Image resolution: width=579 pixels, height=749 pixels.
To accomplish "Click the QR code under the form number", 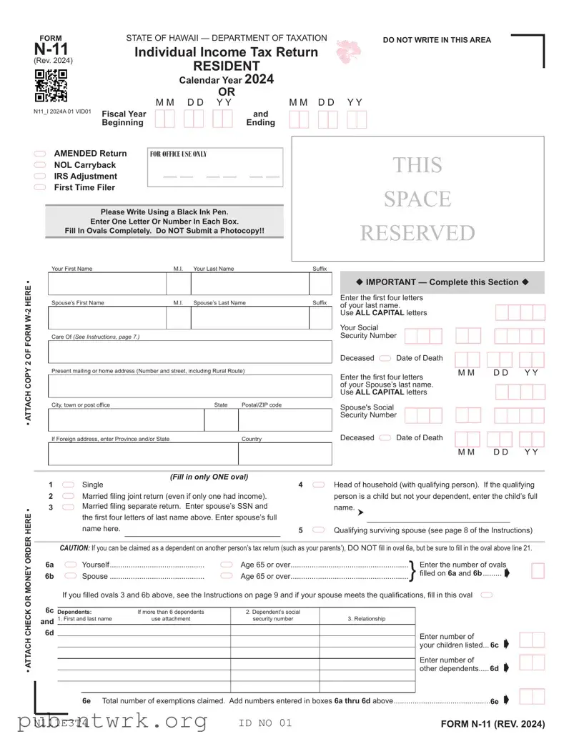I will (51, 86).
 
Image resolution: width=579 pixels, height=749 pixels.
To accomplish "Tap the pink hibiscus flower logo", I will (349, 51).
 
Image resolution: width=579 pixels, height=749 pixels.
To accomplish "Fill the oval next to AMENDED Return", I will (40, 154).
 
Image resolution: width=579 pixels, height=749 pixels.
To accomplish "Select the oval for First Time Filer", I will (40, 188).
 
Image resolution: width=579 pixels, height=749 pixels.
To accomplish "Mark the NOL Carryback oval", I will (40, 165).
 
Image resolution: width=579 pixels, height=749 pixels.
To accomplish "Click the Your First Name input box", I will (107, 284).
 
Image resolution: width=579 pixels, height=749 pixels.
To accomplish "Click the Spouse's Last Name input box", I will (249, 318).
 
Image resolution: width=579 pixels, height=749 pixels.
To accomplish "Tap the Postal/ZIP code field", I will (285, 420).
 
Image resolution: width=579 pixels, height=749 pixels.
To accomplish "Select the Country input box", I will (285, 454).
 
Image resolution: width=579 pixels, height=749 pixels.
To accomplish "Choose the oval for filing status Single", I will (69, 485).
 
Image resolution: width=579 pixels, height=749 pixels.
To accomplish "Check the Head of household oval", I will (319, 485).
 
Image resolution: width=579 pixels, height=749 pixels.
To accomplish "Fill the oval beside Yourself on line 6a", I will (71, 565).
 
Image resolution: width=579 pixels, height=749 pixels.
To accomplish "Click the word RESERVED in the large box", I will (417, 233).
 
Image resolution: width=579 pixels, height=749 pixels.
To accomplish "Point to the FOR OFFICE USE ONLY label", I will (178, 154).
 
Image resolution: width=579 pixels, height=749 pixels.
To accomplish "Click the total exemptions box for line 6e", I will (532, 698).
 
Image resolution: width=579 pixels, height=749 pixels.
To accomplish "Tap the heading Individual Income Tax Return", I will (227, 52).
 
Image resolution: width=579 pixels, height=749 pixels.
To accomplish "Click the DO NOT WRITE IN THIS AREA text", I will (437, 40).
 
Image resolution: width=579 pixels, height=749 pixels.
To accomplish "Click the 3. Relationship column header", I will (367, 619).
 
